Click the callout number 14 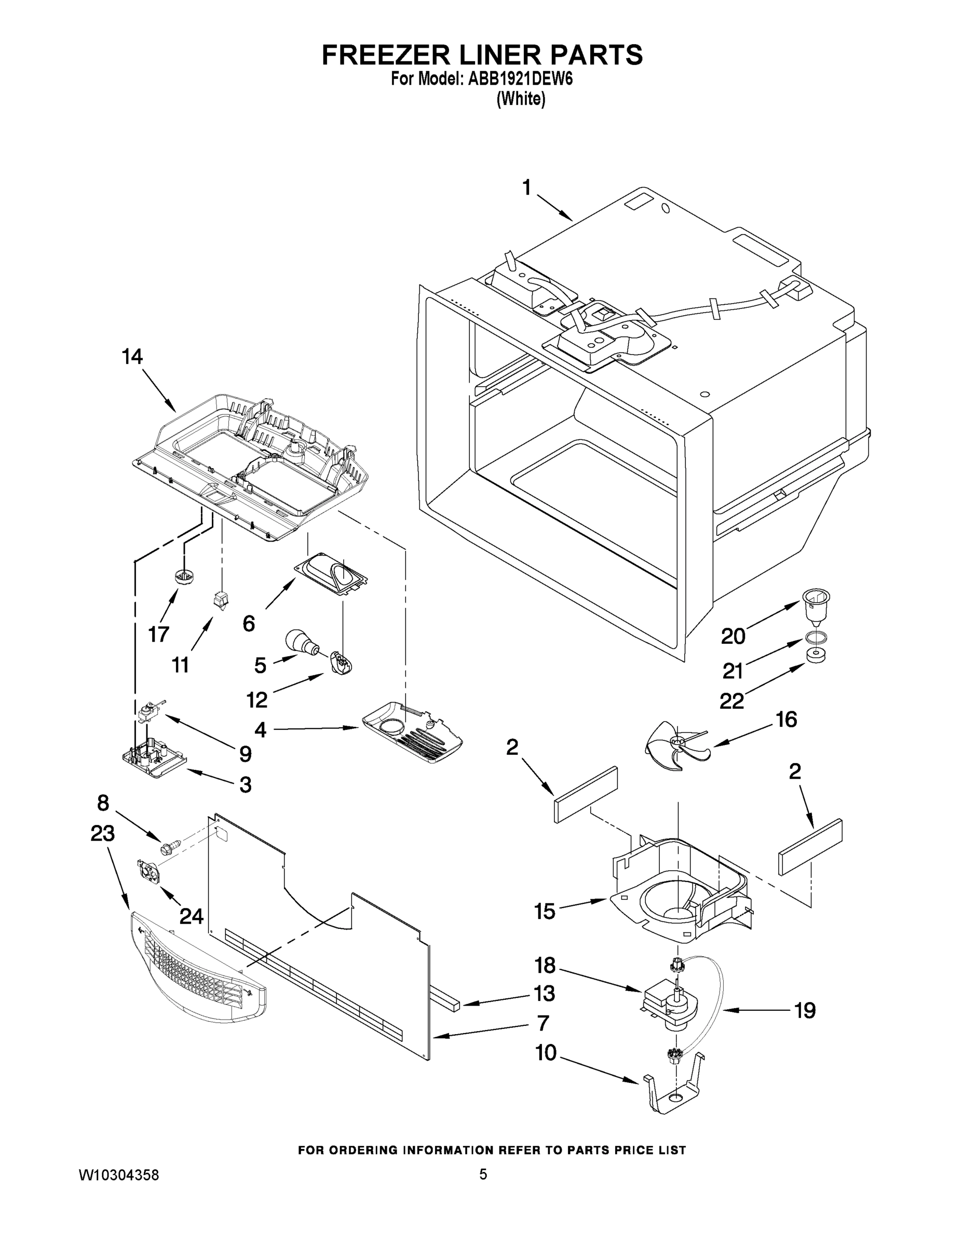[x=132, y=357]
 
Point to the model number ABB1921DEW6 [x=520, y=79]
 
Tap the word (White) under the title [x=521, y=99]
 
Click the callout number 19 [x=805, y=1011]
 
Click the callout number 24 [x=191, y=917]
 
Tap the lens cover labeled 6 [x=331, y=573]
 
